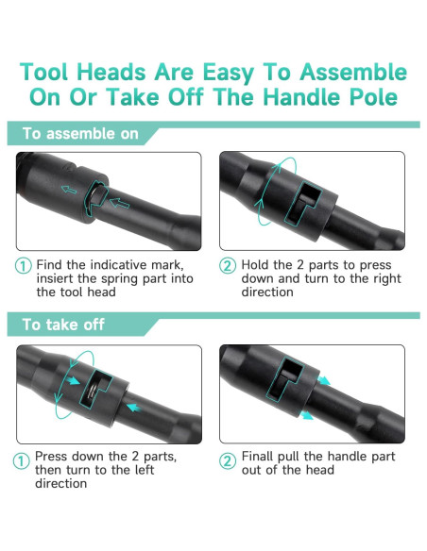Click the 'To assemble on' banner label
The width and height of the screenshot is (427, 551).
tap(80, 134)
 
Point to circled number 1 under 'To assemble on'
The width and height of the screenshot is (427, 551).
tap(23, 266)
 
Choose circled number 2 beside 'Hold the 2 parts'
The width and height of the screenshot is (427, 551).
tap(228, 266)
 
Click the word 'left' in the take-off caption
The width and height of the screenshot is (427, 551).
tap(138, 470)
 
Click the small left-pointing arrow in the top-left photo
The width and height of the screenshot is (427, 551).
tap(67, 190)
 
